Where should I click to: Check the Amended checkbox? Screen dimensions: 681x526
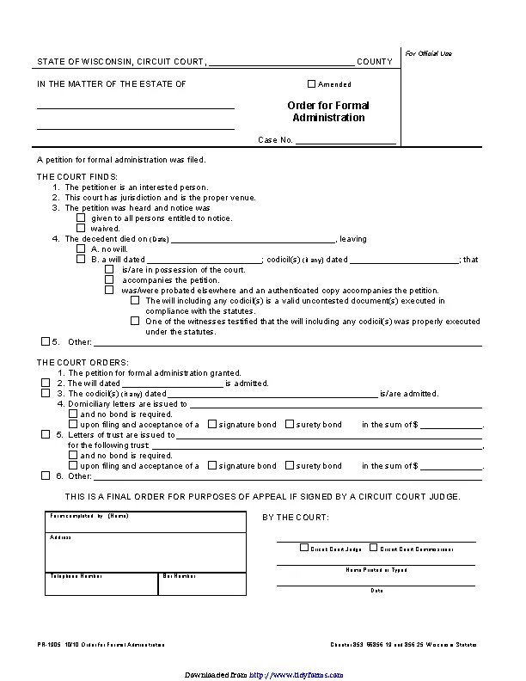coord(312,84)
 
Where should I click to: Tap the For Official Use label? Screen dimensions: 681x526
coord(428,53)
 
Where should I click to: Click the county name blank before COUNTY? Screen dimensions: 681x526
coord(281,61)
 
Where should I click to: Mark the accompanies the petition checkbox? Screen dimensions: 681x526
coord(109,279)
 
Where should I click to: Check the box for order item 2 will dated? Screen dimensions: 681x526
coord(46,383)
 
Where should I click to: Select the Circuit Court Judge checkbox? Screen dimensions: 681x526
coord(304,547)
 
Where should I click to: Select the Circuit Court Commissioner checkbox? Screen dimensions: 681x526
coord(373,547)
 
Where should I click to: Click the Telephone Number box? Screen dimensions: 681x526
coord(101,585)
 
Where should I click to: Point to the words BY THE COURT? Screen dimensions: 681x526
coord(295,518)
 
